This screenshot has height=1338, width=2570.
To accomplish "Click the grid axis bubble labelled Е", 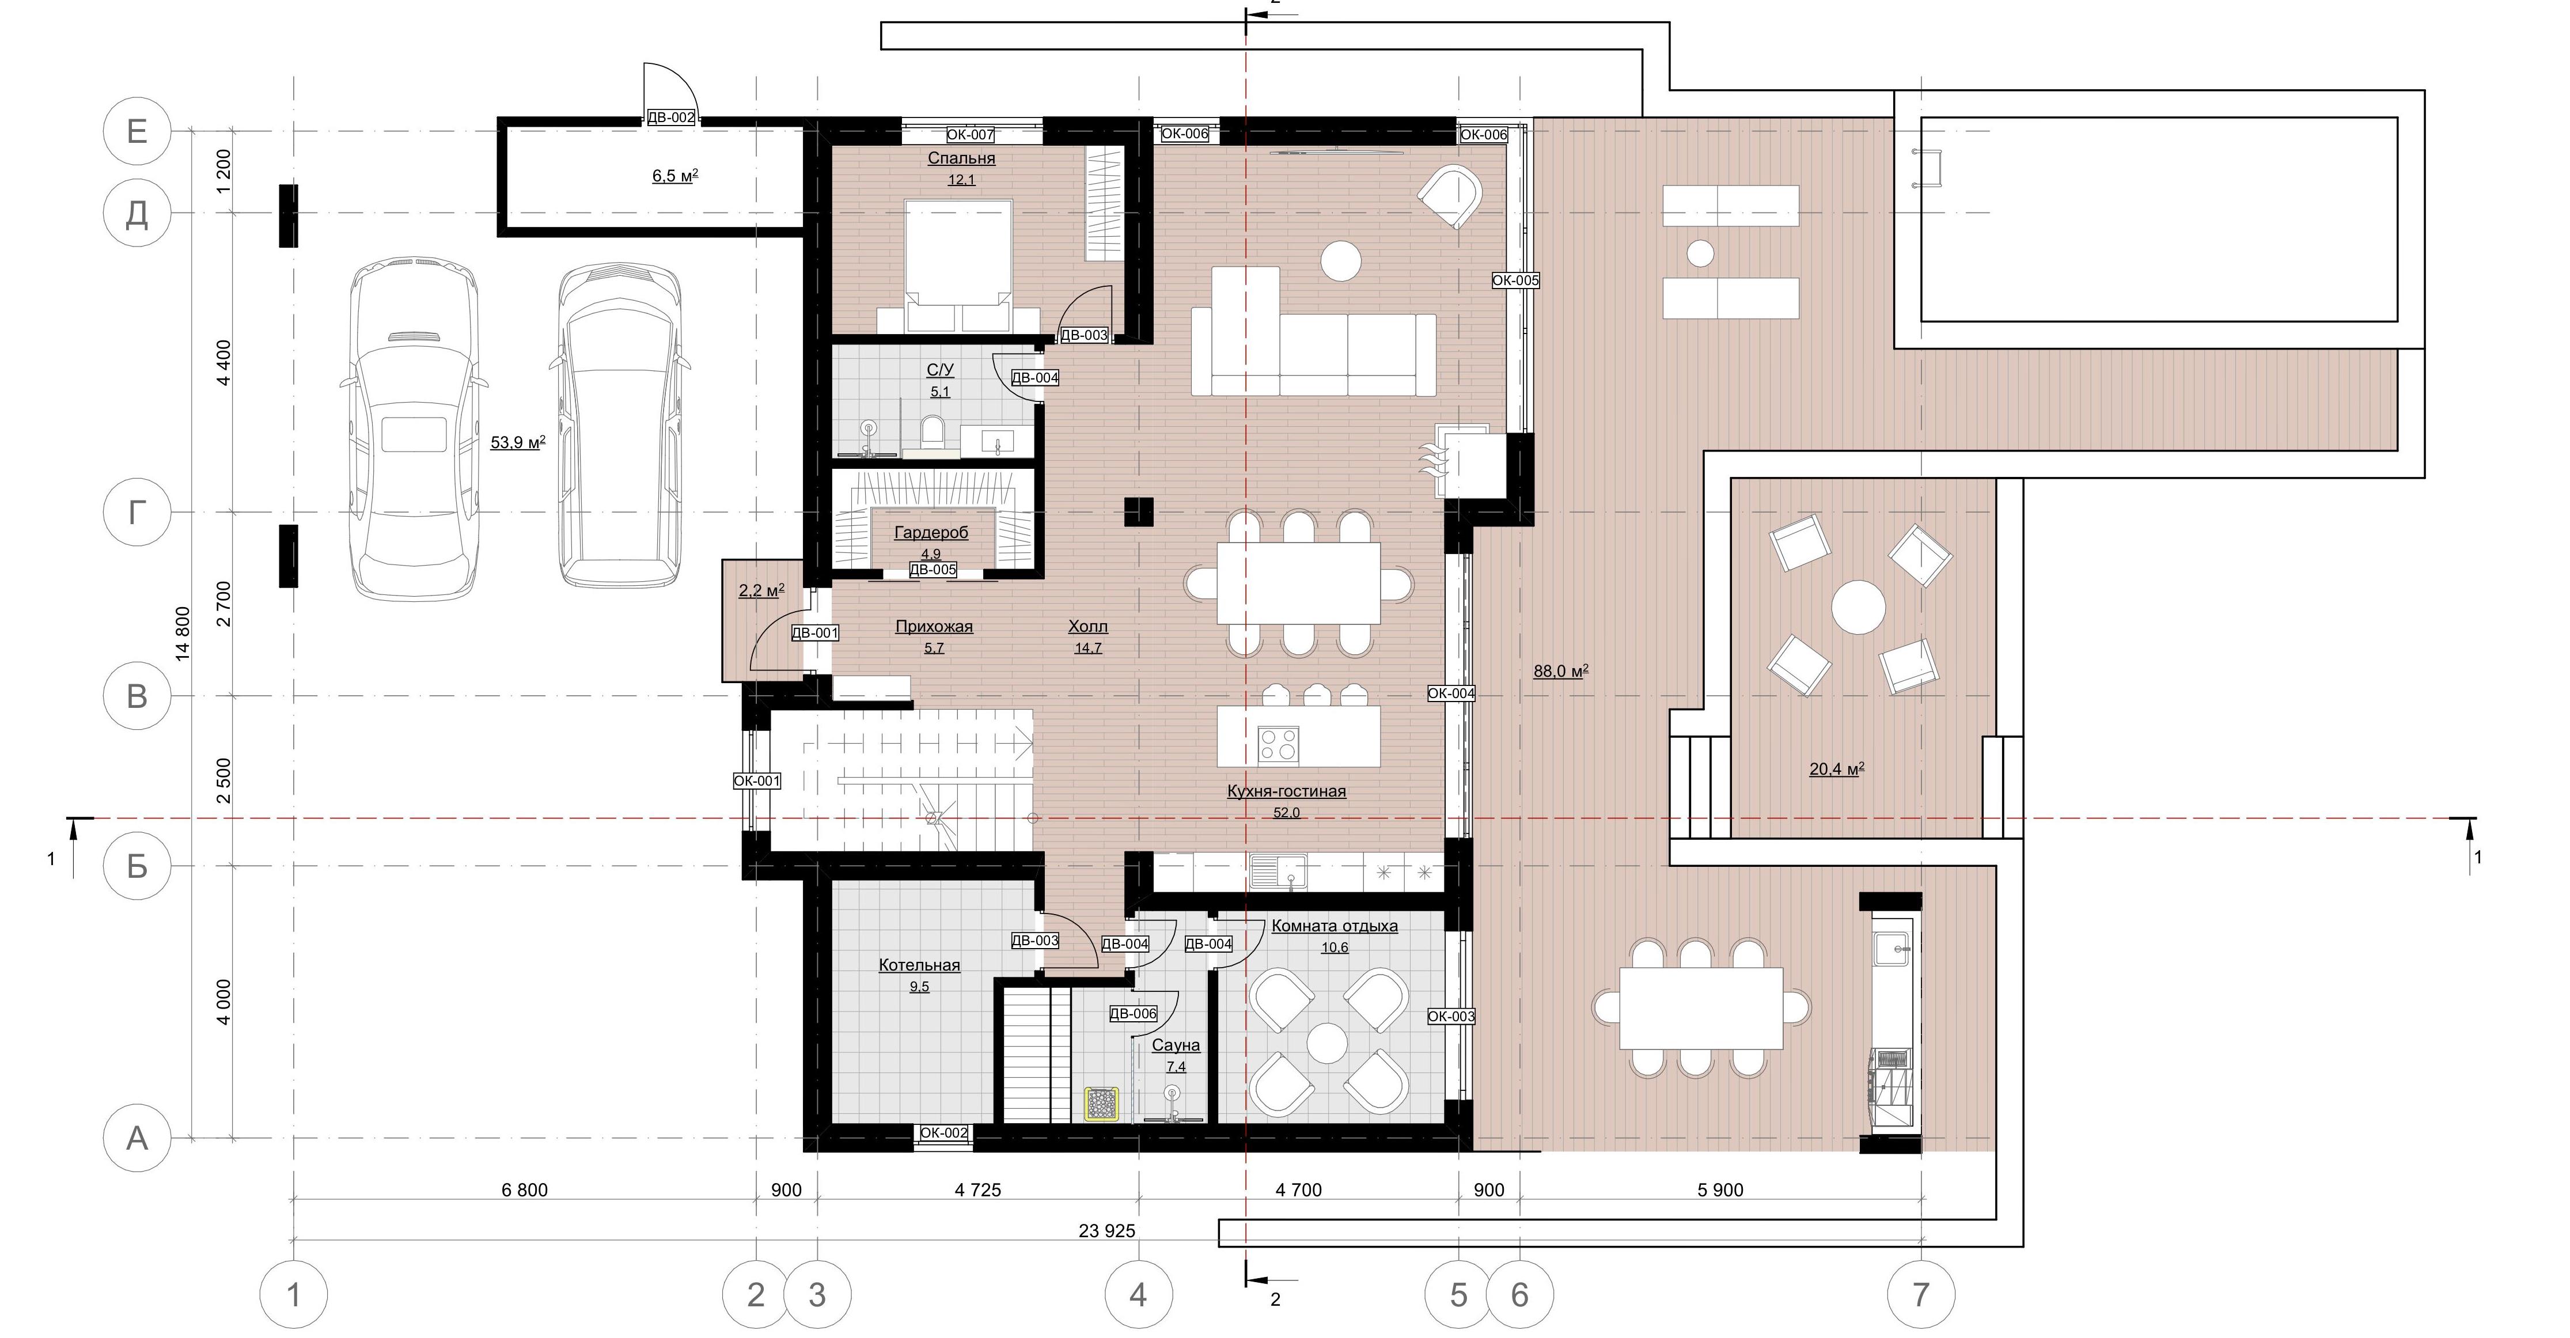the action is (137, 131).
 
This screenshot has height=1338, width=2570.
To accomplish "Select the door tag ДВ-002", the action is (672, 117).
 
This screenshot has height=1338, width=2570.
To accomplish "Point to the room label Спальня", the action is (961, 158).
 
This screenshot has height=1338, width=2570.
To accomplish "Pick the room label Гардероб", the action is (931, 533).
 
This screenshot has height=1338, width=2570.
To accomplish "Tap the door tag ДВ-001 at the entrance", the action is (815, 632).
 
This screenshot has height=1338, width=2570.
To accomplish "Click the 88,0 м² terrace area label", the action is (1560, 672).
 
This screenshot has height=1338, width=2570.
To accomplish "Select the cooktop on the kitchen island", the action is (1278, 744).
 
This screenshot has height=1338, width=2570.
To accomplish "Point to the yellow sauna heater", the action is (1101, 1104).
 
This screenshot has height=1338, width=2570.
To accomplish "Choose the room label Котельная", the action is (919, 965).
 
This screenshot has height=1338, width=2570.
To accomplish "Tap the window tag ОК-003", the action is (1451, 1017).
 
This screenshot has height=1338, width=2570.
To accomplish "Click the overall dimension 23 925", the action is (1106, 1231).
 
